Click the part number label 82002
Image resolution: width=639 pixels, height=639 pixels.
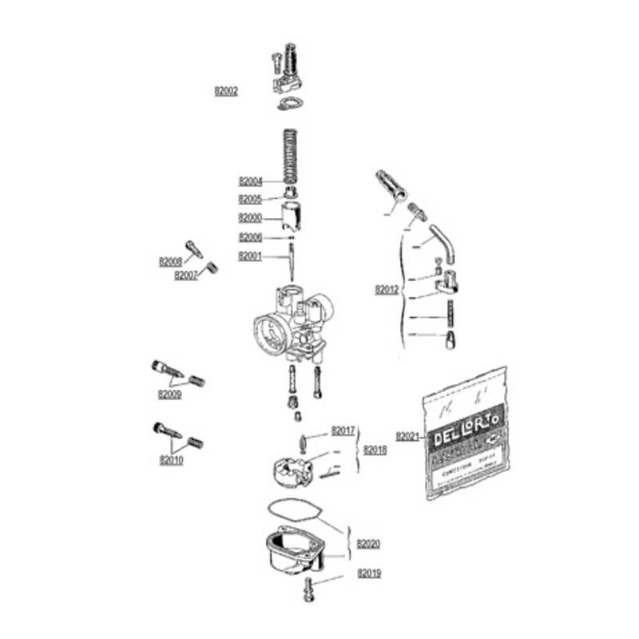[x=226, y=92]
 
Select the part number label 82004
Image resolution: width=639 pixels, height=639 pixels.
[x=250, y=181]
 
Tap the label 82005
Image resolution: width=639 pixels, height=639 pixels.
[x=250, y=199]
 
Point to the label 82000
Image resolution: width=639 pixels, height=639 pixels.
[x=250, y=218]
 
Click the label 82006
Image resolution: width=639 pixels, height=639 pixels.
[x=250, y=237]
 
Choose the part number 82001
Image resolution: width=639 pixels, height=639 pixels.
[x=250, y=256]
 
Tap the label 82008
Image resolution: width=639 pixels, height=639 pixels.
[x=170, y=262]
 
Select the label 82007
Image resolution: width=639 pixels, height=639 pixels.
[x=186, y=276]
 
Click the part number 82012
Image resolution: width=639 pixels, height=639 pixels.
[x=387, y=290]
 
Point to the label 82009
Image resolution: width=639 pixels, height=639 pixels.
[x=170, y=395]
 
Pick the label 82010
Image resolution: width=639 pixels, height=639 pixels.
[x=171, y=460]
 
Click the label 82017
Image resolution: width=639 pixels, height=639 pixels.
[x=343, y=431]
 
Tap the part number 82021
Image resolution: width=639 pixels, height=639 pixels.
[x=407, y=436]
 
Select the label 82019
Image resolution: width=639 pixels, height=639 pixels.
[x=369, y=574]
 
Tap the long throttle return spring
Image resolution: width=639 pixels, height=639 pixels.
[x=291, y=156]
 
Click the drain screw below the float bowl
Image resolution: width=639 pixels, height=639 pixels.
[x=308, y=592]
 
